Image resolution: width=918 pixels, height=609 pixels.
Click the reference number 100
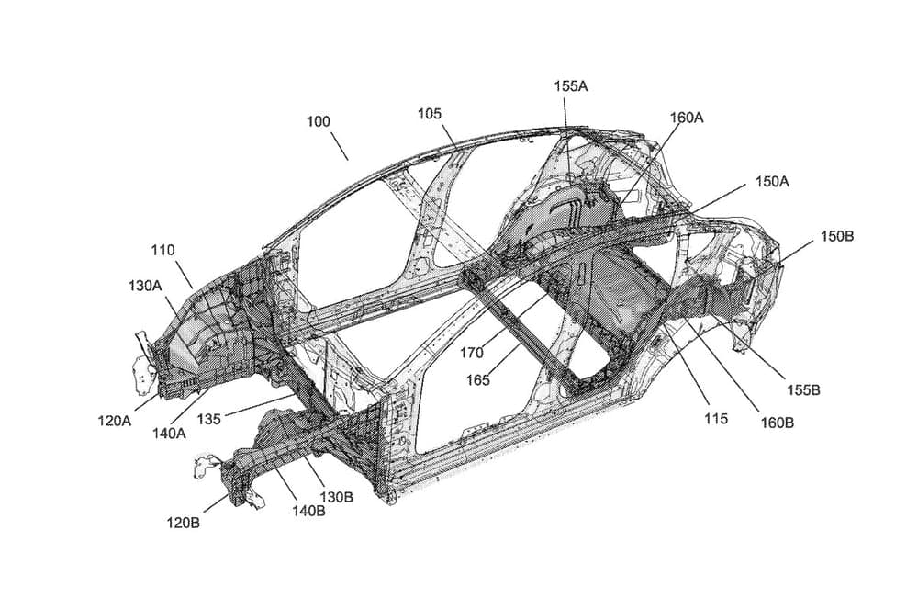point(319,121)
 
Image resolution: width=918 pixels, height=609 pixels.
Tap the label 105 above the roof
point(429,114)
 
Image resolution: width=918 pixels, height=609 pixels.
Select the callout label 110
point(162,249)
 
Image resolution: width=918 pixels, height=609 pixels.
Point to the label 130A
point(145,286)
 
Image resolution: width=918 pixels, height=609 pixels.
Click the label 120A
point(115,421)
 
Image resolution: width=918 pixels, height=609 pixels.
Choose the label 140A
point(169,432)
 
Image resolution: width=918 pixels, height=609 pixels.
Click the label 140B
point(308,511)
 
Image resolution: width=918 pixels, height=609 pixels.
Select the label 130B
point(335,496)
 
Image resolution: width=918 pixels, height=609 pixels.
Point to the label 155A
point(570,85)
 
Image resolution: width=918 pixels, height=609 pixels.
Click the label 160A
point(687,118)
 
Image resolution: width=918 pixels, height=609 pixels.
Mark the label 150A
point(772,181)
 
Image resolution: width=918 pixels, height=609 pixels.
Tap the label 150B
point(836,236)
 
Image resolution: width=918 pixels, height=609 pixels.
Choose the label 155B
point(802,389)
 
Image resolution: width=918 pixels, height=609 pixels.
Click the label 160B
point(777,423)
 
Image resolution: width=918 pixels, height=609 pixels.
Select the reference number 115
point(716,419)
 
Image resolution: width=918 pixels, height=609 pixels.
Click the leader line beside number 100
point(339,146)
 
